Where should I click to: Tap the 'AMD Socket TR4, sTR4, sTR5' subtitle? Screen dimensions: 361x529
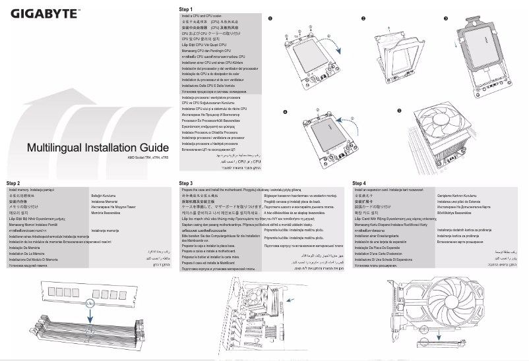[148, 158]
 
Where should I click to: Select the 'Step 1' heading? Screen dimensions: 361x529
[187, 9]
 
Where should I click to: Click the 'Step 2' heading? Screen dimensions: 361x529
[13, 182]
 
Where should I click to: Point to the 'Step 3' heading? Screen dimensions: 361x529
[187, 182]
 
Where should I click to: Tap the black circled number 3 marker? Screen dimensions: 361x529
[446, 18]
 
